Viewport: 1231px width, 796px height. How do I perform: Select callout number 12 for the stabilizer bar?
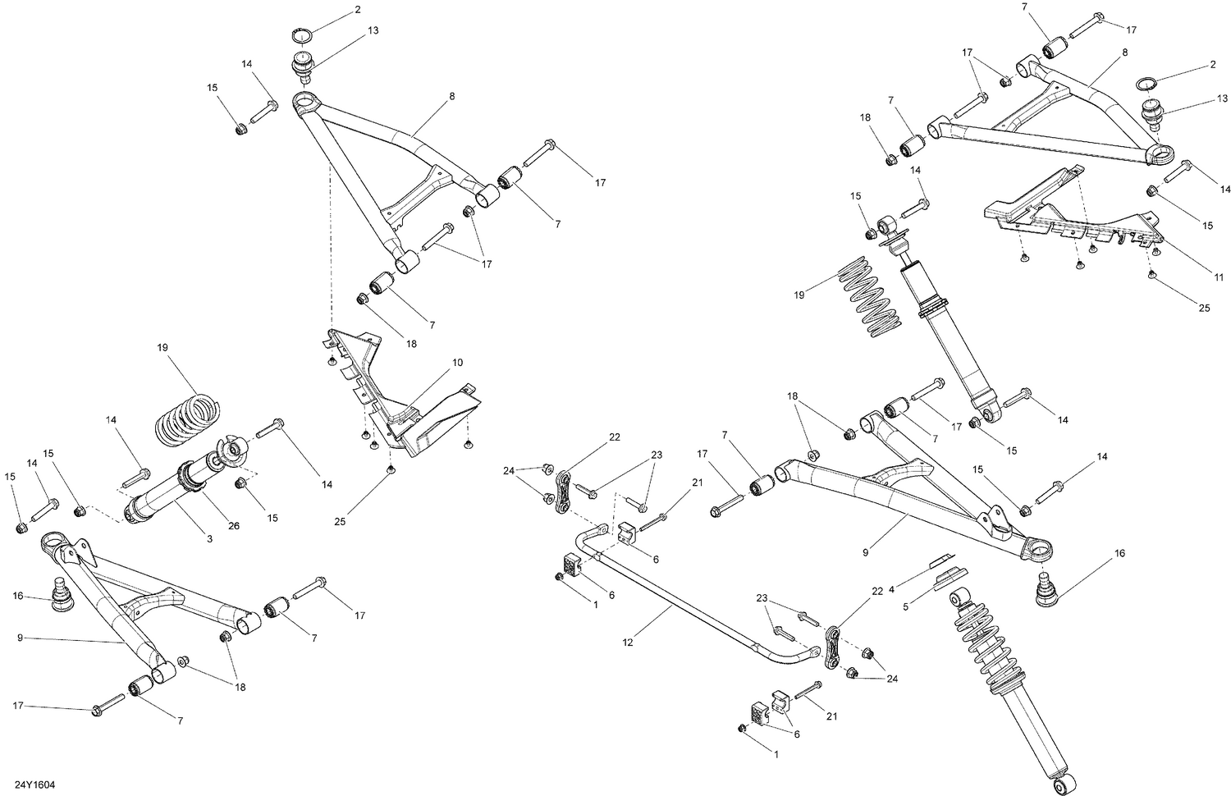[628, 643]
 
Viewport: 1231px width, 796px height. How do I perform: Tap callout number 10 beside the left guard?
[457, 362]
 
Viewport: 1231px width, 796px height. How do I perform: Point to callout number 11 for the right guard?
[1219, 277]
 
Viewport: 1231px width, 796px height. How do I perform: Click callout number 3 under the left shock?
[209, 539]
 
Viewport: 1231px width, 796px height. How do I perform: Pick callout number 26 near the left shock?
[234, 525]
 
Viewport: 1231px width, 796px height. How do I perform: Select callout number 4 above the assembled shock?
[892, 587]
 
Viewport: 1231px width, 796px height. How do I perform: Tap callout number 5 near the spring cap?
[907, 607]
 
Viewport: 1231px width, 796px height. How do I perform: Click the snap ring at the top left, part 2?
[304, 35]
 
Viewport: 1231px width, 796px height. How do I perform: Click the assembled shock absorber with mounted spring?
[1005, 681]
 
